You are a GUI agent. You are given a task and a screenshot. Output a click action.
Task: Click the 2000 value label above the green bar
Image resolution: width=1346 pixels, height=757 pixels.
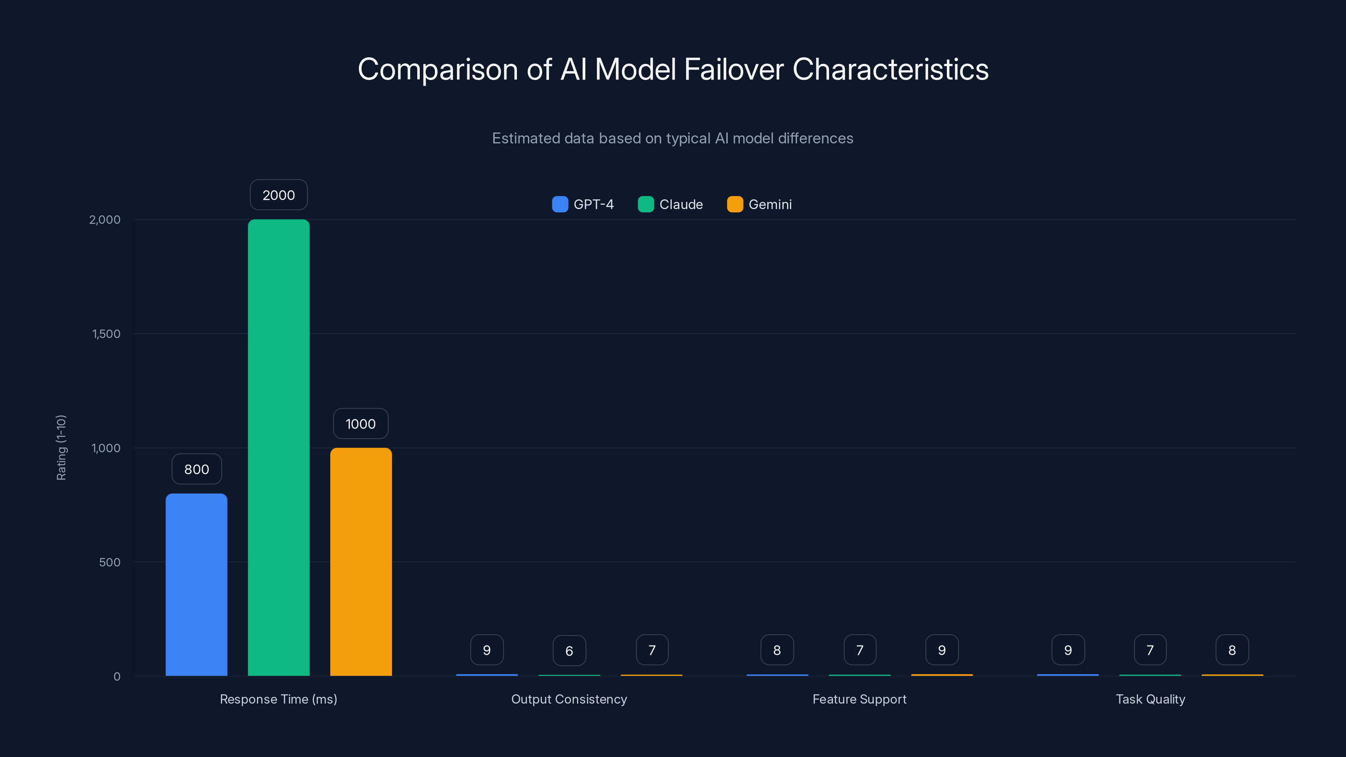(278, 195)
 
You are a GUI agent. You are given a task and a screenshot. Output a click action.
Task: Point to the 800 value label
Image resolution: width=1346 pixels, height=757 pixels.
(196, 469)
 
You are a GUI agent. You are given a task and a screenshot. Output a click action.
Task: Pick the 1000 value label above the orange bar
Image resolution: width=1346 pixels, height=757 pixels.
(360, 423)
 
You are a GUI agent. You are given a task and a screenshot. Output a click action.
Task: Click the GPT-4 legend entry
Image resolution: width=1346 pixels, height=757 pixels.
(583, 204)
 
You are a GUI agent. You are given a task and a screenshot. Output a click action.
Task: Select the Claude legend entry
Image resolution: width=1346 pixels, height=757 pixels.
(670, 204)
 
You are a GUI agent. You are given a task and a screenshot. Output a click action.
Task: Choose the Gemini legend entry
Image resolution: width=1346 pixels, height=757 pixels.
(759, 204)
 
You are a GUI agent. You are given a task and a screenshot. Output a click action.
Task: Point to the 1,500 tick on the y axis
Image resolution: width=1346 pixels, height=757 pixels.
(106, 334)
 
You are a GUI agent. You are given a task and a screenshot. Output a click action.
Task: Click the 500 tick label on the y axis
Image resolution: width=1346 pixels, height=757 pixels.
(109, 562)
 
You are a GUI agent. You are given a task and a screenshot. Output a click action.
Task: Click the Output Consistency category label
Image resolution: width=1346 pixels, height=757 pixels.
(569, 699)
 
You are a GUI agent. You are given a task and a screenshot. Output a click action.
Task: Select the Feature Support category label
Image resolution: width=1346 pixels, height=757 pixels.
(859, 699)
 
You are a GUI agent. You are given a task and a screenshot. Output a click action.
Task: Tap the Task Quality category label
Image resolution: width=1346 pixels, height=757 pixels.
(1150, 699)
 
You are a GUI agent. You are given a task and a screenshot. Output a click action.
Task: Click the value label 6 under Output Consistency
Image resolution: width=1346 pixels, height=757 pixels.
(569, 651)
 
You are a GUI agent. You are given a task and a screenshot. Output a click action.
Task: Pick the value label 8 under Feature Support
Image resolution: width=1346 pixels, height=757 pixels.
(777, 650)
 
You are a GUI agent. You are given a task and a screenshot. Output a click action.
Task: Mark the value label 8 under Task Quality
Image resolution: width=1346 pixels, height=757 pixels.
(1232, 650)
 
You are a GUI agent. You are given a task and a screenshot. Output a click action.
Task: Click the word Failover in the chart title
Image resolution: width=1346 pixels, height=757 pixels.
(734, 69)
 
